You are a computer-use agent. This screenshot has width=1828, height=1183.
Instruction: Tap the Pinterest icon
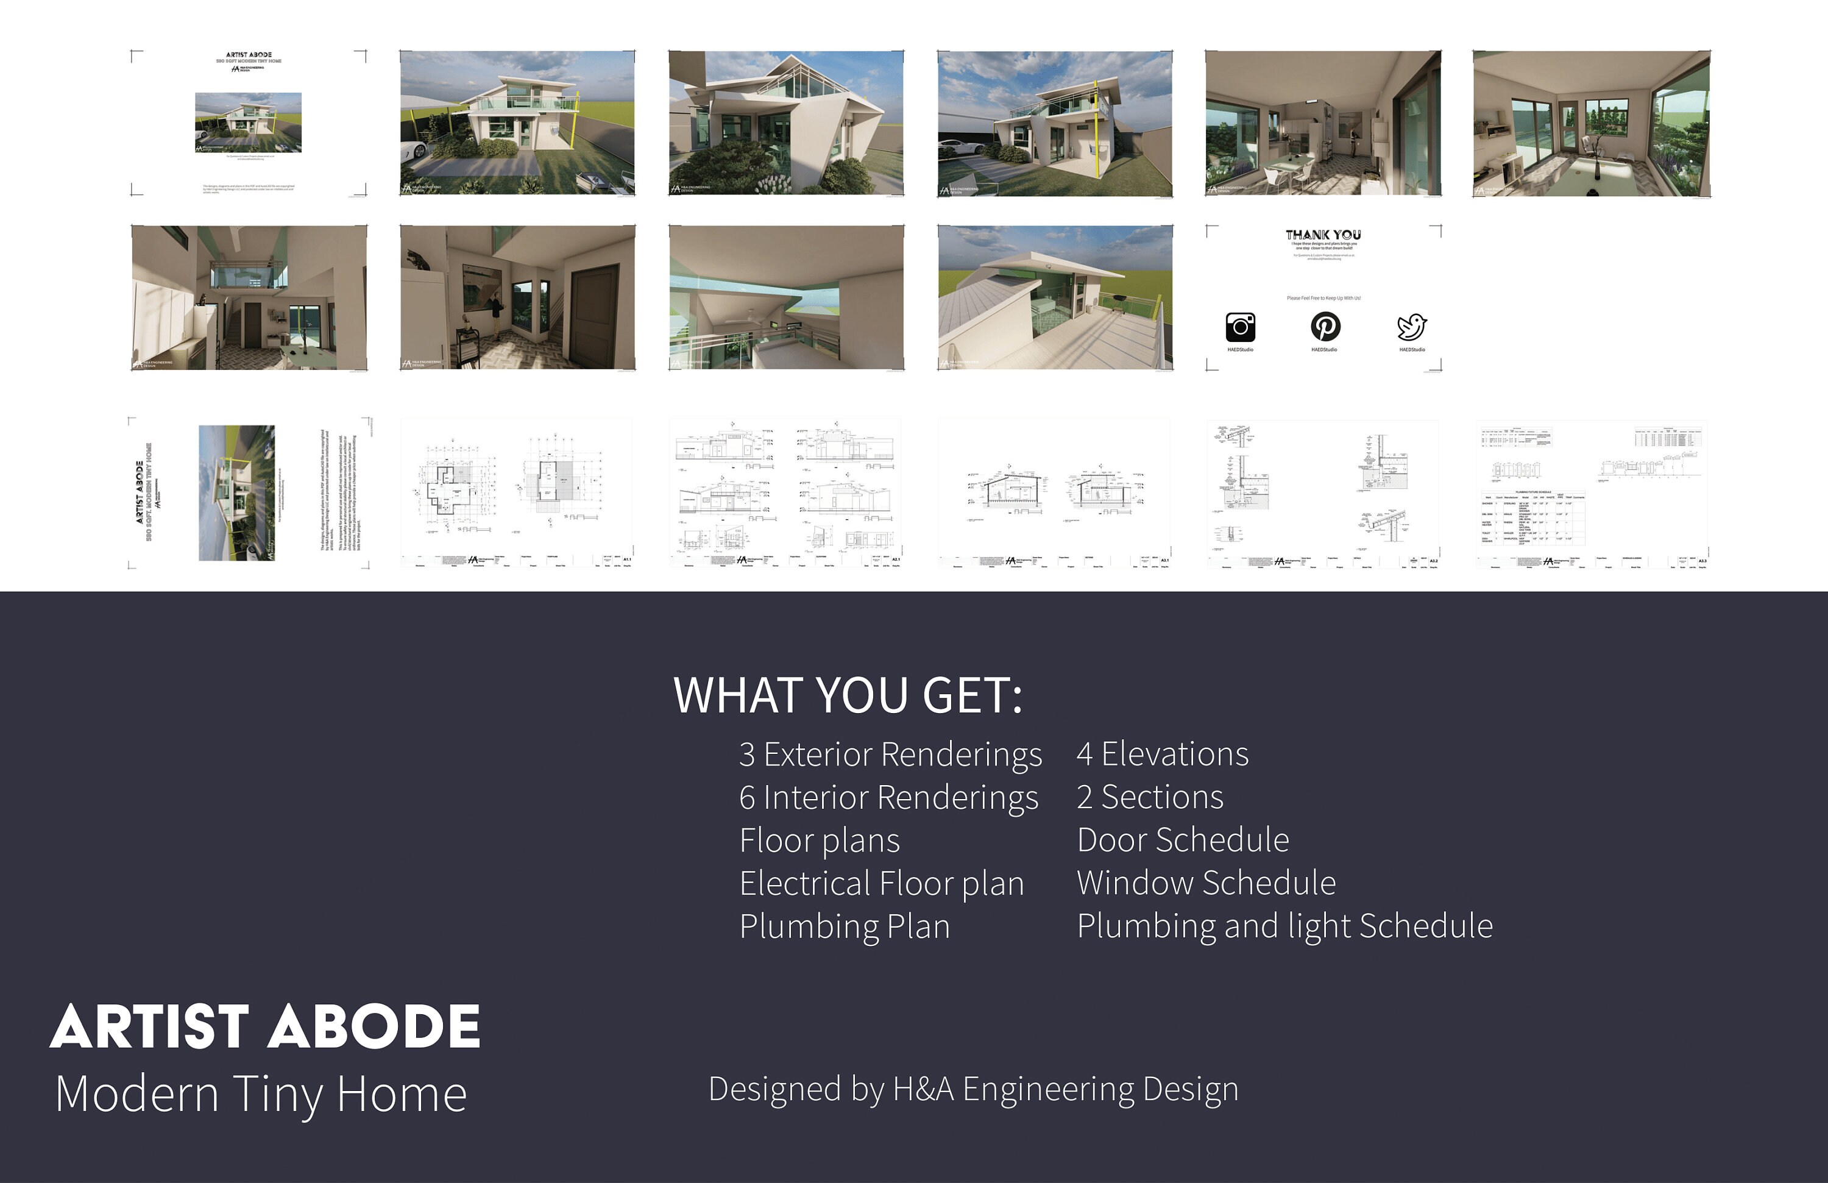coord(1325,327)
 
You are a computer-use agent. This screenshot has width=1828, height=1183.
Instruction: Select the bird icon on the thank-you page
coord(1412,327)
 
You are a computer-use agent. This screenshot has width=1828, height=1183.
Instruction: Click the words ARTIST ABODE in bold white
coord(265,1026)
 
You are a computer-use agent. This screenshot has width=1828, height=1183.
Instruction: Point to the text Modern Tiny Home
coord(261,1093)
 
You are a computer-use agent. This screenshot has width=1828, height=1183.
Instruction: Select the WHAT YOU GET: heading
coord(848,695)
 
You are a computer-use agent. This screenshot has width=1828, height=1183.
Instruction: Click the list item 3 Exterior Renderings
coord(890,755)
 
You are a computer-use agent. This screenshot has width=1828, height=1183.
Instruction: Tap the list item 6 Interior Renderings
coord(888,797)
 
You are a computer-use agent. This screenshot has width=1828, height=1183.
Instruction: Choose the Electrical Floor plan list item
coord(882,883)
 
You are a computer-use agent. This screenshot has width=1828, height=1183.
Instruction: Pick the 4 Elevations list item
coord(1163,755)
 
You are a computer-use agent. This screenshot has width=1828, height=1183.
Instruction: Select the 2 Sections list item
coord(1150,797)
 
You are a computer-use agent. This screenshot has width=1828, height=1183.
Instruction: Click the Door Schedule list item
coord(1183,840)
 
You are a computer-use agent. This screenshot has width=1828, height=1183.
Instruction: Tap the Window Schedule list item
coord(1206,883)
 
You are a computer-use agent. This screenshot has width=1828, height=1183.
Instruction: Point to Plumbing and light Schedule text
coord(1285,926)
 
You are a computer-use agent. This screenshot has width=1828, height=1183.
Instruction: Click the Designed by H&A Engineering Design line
coord(973,1089)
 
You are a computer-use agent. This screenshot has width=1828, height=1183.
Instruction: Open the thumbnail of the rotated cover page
coord(249,493)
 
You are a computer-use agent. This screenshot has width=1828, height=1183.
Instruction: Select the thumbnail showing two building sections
coord(1055,493)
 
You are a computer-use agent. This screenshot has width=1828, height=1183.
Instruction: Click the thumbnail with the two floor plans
coord(517,493)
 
